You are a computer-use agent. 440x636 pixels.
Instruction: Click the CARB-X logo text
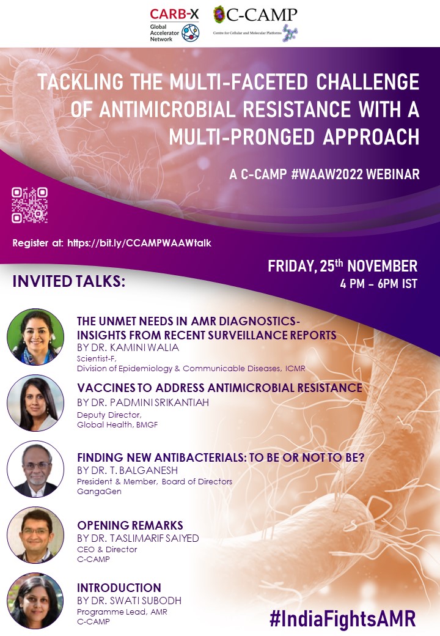(174, 14)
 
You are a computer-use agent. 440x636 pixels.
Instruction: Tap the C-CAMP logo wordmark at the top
(262, 15)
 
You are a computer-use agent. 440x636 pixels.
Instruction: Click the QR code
(29, 205)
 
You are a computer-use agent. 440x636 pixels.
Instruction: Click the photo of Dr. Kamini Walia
(35, 337)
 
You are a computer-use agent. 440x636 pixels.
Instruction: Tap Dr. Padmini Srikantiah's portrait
(35, 403)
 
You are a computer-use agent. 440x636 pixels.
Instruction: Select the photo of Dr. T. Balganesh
(35, 469)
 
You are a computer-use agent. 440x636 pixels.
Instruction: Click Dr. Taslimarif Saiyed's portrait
(35, 535)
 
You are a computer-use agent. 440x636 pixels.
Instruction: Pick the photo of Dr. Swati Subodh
(35, 601)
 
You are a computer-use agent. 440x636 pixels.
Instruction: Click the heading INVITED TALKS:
(69, 281)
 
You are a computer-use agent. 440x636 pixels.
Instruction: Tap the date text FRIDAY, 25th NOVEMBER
(343, 265)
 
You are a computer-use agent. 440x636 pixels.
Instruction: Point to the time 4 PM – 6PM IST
(378, 284)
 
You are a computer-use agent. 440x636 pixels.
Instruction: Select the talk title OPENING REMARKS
(130, 525)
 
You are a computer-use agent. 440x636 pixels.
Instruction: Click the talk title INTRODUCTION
(119, 588)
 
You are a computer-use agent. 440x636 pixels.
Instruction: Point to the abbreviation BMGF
(147, 424)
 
